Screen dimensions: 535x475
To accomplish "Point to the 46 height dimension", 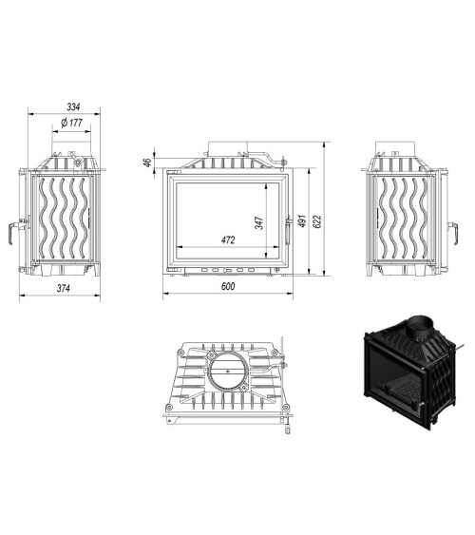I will tap(147, 162).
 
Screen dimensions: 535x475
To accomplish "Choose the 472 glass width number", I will tap(228, 240).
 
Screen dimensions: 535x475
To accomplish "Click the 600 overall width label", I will tap(228, 287).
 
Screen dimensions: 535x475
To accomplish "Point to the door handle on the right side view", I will tap(443, 228).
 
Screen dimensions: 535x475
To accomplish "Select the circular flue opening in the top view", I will tap(226, 374).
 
